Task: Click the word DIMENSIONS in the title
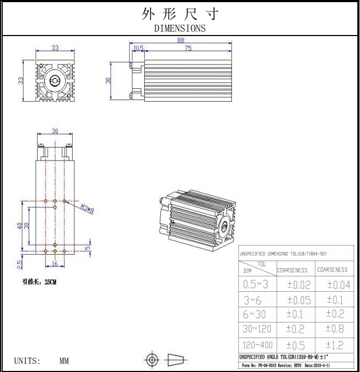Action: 180,29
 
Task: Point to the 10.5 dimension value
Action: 138,48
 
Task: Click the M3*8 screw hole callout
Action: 87,209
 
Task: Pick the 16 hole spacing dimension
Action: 54,264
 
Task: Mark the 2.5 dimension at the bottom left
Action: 19,264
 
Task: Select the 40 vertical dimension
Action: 19,226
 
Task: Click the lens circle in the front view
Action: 54,81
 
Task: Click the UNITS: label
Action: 27,361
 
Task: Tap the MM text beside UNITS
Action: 64,361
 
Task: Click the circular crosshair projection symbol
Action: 152,359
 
